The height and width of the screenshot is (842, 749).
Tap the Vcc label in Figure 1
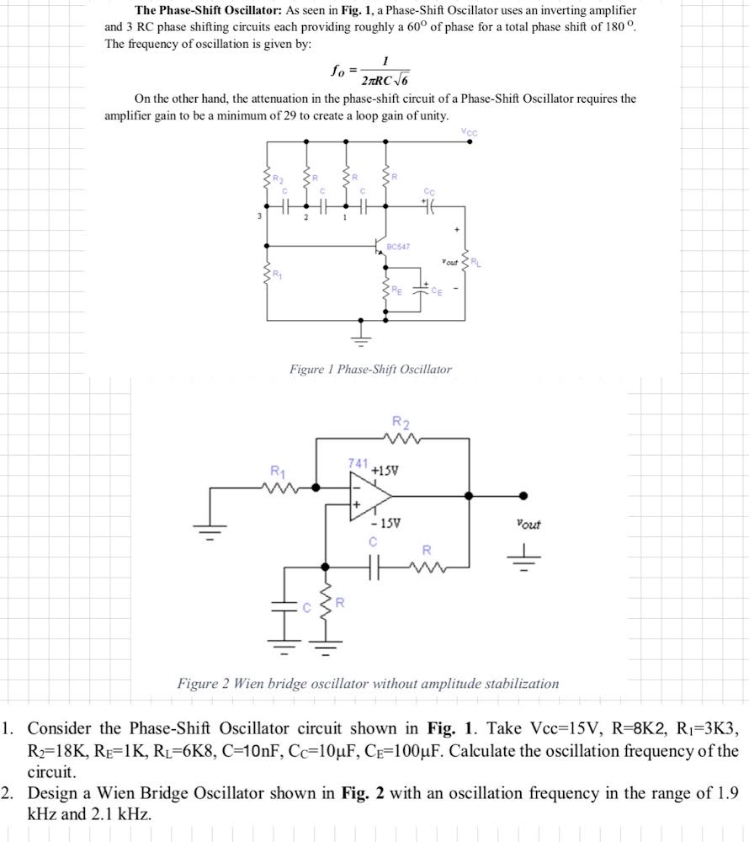coord(468,131)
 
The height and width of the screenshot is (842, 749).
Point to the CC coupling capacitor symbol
coord(430,204)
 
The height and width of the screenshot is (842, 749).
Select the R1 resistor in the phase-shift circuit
coord(268,274)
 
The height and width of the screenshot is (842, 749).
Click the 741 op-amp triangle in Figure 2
coord(368,495)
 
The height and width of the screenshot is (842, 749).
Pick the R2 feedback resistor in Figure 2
coord(401,437)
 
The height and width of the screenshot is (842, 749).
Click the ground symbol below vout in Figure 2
coord(527,556)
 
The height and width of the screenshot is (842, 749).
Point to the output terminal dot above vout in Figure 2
coord(524,495)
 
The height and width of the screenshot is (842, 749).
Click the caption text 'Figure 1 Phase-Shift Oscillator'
coord(370,369)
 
